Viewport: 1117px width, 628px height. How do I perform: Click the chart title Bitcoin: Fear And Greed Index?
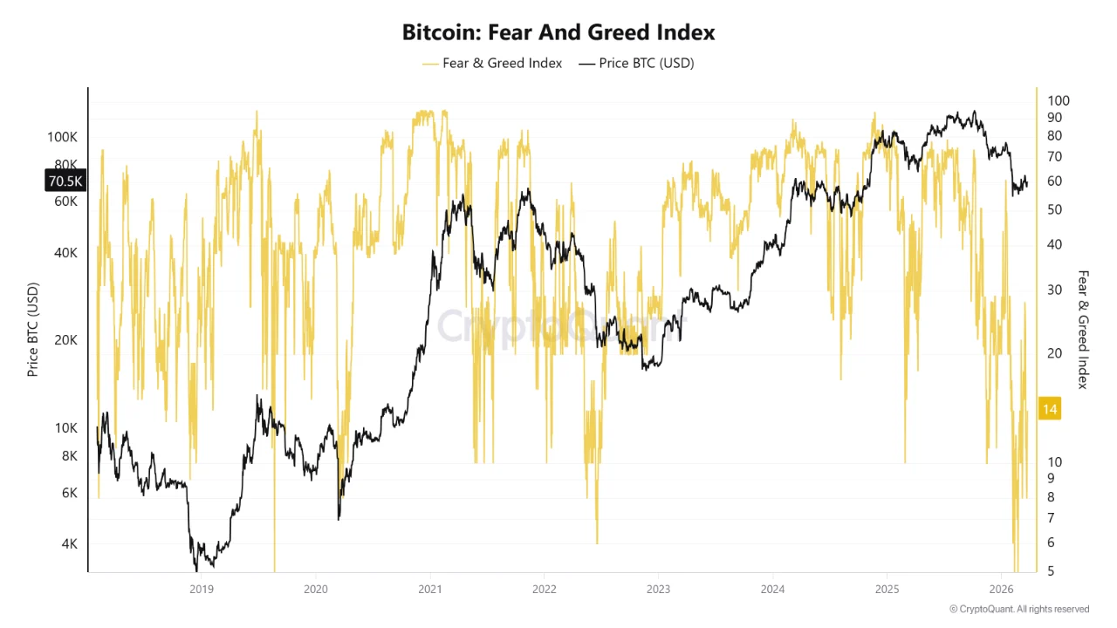(x=558, y=32)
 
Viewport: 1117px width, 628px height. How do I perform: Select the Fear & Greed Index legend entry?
(x=492, y=63)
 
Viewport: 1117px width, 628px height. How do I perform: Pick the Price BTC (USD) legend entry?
(x=636, y=63)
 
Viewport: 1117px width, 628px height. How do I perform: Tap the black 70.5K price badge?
(x=65, y=181)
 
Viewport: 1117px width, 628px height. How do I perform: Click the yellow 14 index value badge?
(x=1050, y=409)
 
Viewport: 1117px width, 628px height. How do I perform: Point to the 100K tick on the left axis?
(x=62, y=137)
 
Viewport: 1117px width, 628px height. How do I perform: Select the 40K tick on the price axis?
(x=65, y=252)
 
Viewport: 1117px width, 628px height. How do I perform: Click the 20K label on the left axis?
(x=65, y=340)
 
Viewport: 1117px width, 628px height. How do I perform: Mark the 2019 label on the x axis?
(x=201, y=589)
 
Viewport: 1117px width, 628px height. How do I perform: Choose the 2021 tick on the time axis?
(x=429, y=589)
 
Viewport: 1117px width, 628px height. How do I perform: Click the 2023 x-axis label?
(x=658, y=589)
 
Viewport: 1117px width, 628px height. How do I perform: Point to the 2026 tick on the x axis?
(x=1001, y=589)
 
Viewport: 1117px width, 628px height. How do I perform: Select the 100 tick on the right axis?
(x=1058, y=101)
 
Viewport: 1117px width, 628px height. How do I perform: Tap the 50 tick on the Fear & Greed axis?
(x=1054, y=209)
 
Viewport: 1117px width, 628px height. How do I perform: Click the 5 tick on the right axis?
(x=1051, y=570)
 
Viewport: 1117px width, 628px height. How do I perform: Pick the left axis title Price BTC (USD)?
(x=33, y=330)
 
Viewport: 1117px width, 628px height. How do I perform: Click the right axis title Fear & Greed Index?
(x=1083, y=330)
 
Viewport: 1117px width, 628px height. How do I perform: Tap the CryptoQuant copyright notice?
(x=1018, y=609)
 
